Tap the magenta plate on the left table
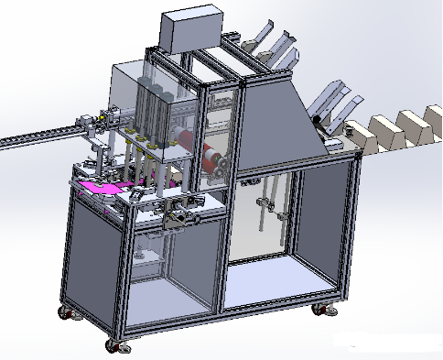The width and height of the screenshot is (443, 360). click(x=102, y=187)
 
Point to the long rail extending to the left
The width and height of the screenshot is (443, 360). click(x=37, y=137)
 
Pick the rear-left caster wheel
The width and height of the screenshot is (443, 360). click(x=69, y=312)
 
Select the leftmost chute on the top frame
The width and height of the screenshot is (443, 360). click(x=255, y=38)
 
